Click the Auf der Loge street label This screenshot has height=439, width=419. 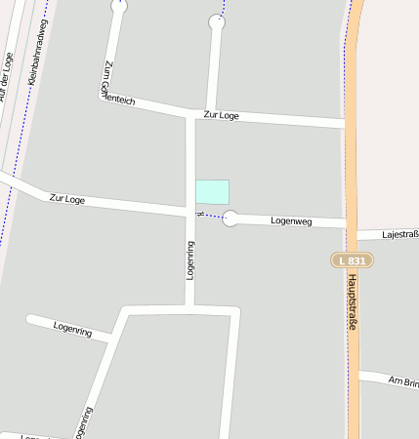point(8,76)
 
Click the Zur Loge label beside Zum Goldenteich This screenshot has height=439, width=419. point(221,115)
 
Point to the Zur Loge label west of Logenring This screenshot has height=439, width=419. point(67,199)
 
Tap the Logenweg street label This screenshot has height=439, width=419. point(290,221)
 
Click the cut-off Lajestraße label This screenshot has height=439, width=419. point(400,234)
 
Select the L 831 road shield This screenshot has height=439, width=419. point(350,260)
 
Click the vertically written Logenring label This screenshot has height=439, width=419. point(191,260)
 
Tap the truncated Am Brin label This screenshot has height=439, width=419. point(402,380)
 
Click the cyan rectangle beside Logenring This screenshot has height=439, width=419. point(212,192)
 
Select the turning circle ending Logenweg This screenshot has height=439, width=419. point(230,219)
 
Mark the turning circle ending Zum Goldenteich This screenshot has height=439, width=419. point(119,6)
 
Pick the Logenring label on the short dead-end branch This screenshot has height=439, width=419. point(72,330)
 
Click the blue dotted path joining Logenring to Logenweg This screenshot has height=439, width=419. point(209,216)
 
